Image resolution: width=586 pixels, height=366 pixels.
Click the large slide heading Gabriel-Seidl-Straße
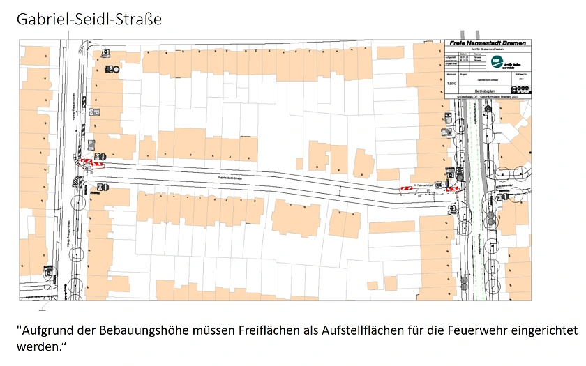point(89,19)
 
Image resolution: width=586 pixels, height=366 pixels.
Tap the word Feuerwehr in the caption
point(496,328)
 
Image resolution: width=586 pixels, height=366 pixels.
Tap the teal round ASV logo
point(497,61)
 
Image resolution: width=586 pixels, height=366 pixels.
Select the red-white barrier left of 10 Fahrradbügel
point(405,188)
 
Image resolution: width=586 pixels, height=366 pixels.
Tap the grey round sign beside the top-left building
point(116,70)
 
